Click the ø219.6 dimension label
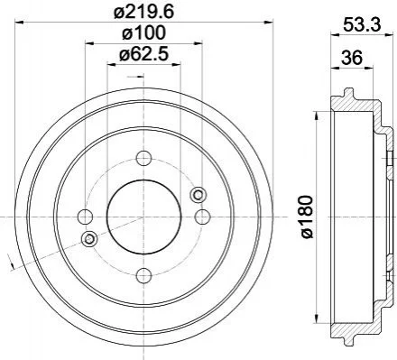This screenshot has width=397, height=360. (x=144, y=13)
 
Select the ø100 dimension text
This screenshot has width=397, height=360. (x=143, y=32)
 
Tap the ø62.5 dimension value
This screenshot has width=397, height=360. (x=143, y=54)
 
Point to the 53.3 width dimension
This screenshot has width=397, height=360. (x=362, y=24)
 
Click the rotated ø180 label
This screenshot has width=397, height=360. (x=307, y=217)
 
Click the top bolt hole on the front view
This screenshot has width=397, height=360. (x=143, y=158)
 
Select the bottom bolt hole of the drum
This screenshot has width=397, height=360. (x=143, y=275)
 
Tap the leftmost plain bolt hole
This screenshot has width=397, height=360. (x=86, y=217)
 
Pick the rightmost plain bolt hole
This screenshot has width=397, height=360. (x=202, y=217)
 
